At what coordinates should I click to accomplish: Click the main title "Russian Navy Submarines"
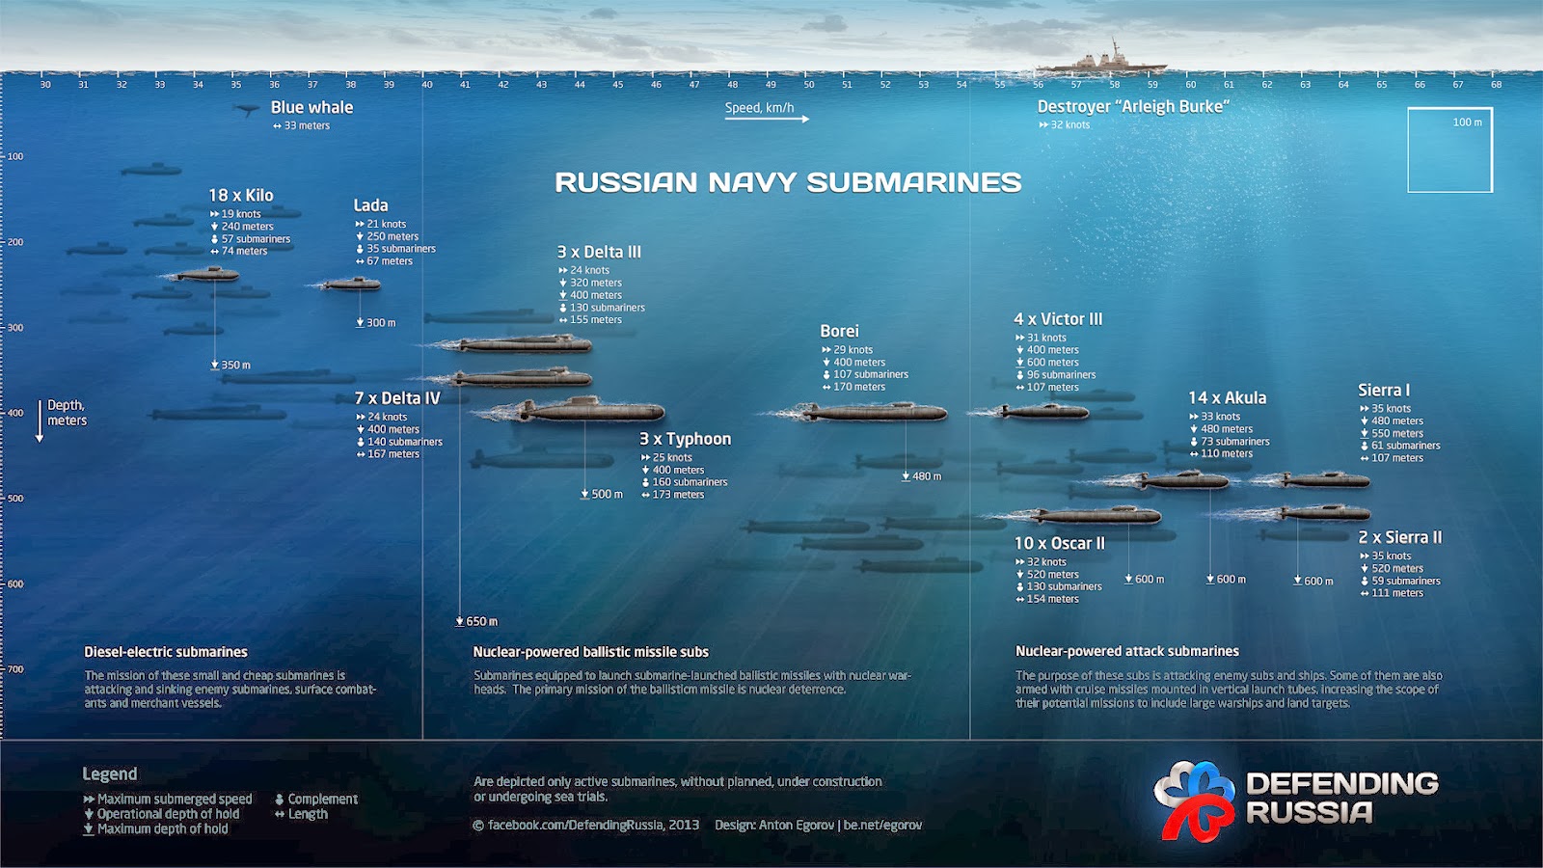(788, 182)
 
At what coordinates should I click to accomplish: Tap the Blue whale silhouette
(248, 110)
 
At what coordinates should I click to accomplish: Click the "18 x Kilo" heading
(241, 195)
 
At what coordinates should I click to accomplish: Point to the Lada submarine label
(370, 205)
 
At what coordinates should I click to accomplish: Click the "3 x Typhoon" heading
(685, 439)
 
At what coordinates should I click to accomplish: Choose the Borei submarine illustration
(873, 413)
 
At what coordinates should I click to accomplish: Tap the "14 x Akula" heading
(1227, 397)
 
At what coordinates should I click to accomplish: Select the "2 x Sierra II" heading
(1399, 537)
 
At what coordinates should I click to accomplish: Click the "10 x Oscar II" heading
(1059, 543)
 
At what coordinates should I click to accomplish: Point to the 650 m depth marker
(477, 621)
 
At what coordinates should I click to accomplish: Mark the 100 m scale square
(1449, 149)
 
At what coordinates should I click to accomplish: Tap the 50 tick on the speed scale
(809, 84)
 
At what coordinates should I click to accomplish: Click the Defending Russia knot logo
(1193, 799)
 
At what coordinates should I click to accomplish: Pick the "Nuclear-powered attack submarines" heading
(1126, 651)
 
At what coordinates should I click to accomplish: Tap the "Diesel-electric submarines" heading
(166, 652)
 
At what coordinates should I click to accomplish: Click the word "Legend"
(110, 773)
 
